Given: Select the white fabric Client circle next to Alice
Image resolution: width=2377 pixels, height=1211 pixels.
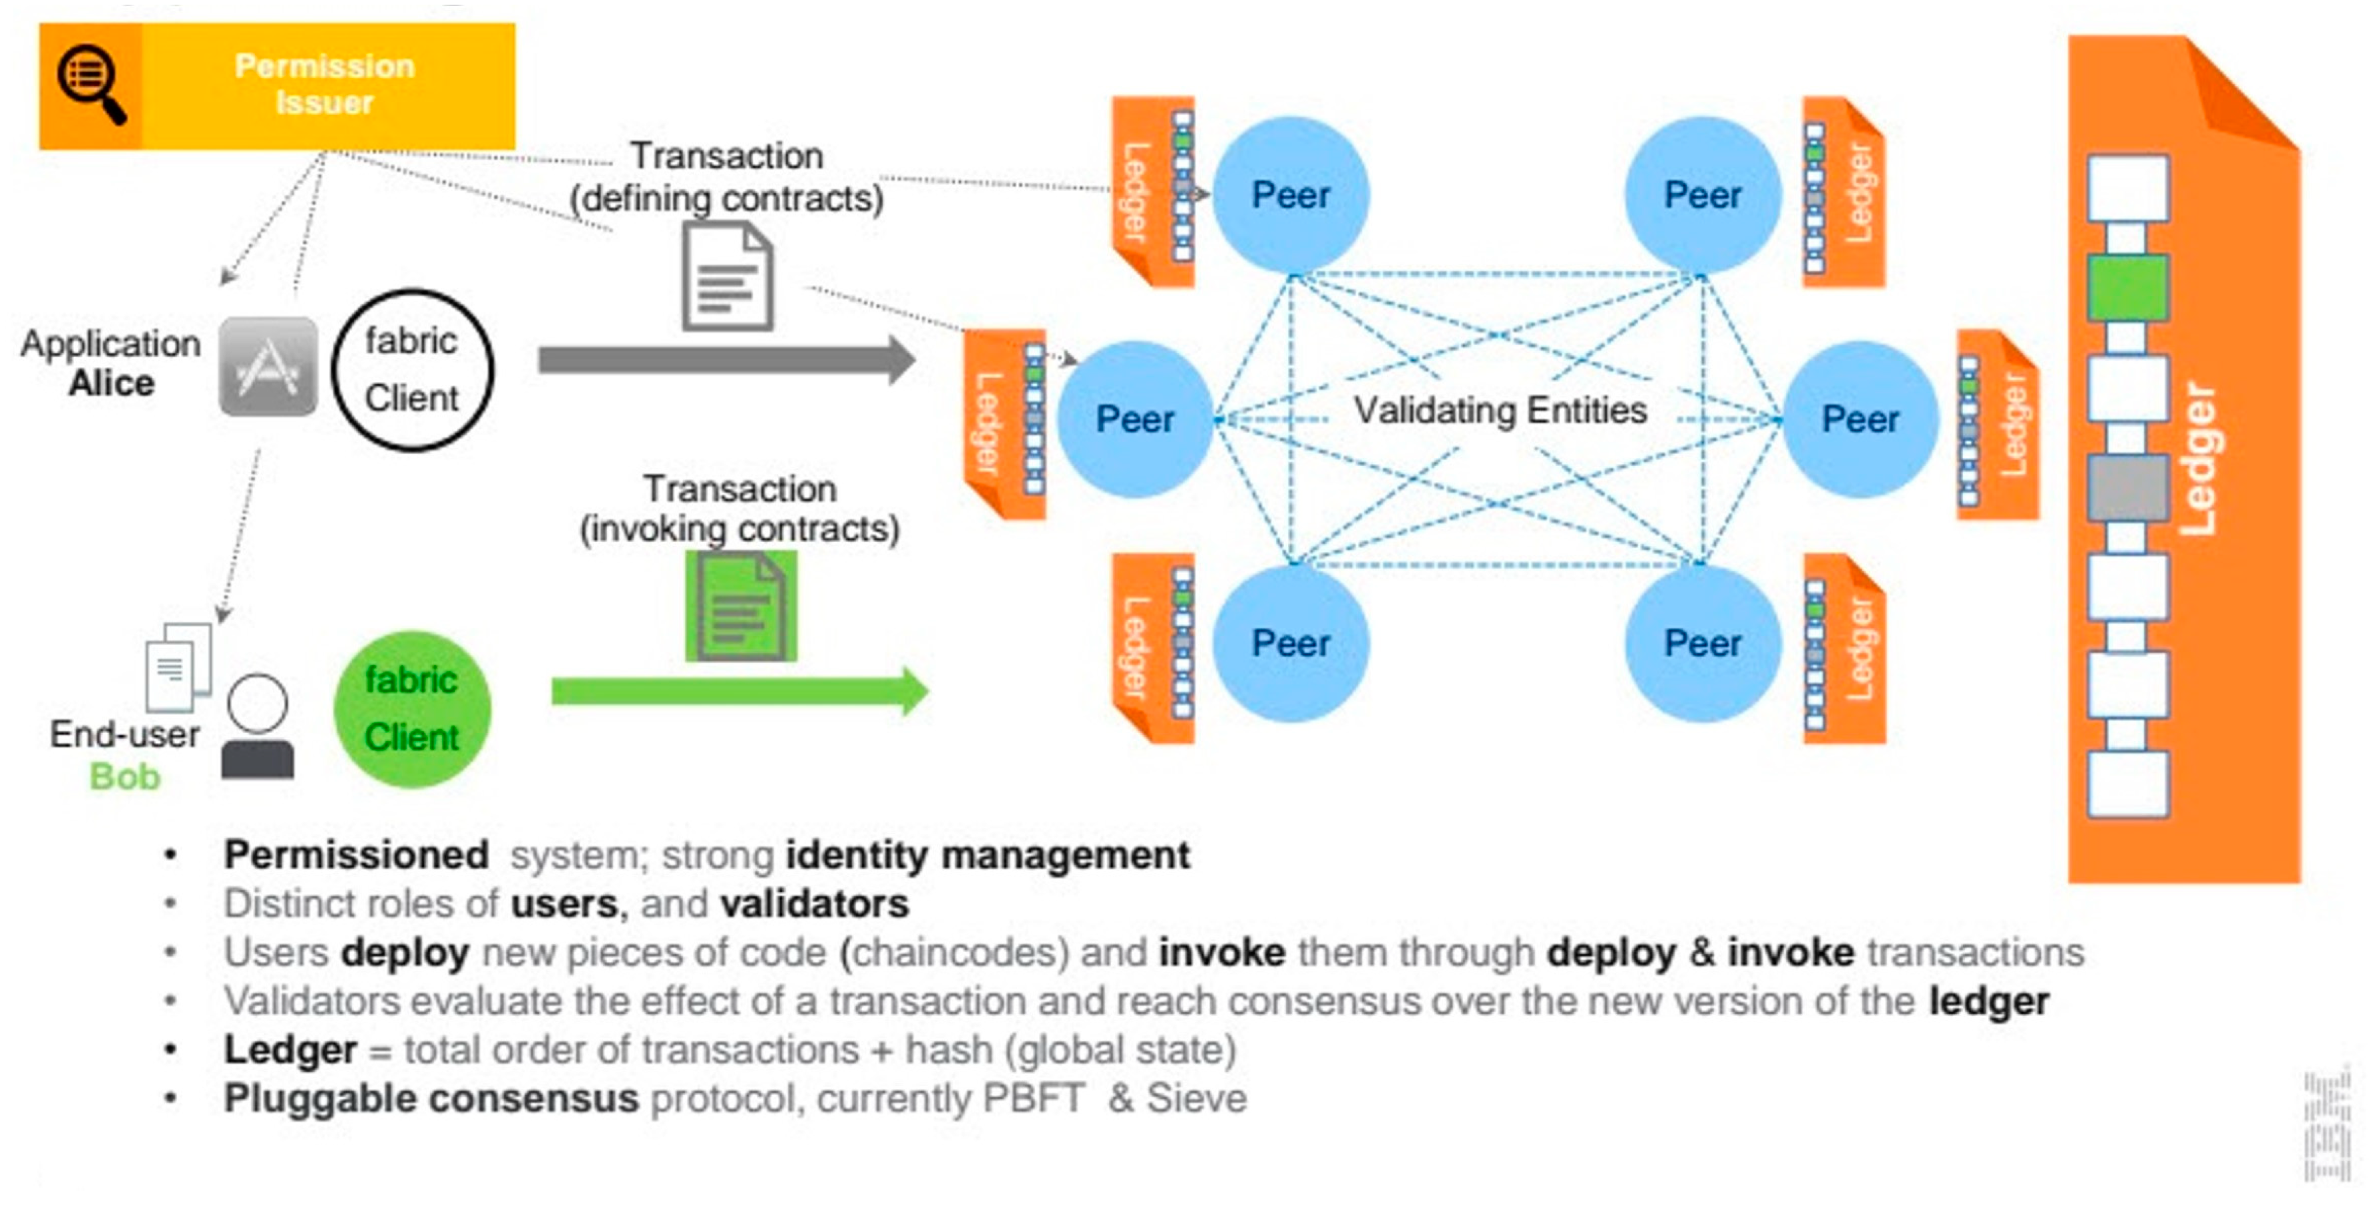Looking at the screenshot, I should pos(411,370).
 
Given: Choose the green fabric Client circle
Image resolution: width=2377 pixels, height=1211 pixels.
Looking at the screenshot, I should pos(411,709).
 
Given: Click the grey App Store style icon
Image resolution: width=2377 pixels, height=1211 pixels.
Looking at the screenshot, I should pos(268,366).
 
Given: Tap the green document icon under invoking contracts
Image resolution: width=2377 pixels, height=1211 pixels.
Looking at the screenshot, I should pos(741,606).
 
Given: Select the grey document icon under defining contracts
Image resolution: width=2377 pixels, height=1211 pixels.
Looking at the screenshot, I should pos(727,278).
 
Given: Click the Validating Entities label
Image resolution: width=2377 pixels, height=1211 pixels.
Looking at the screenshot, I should pos(1500,410).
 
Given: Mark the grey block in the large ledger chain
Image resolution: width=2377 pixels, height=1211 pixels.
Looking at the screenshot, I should pos(2127,487).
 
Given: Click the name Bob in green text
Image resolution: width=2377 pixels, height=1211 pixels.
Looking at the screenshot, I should pos(124,777).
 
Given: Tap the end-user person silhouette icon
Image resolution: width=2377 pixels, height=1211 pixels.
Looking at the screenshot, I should pos(258,728).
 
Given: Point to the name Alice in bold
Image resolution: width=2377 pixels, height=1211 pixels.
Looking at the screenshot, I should pos(112,383).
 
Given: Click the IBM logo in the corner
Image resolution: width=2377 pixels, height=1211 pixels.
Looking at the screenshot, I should pos(2326,1126).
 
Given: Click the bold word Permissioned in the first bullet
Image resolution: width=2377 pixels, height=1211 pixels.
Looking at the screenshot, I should pos(356,855).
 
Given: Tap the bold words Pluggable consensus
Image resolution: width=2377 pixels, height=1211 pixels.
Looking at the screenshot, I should pos(431,1098).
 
